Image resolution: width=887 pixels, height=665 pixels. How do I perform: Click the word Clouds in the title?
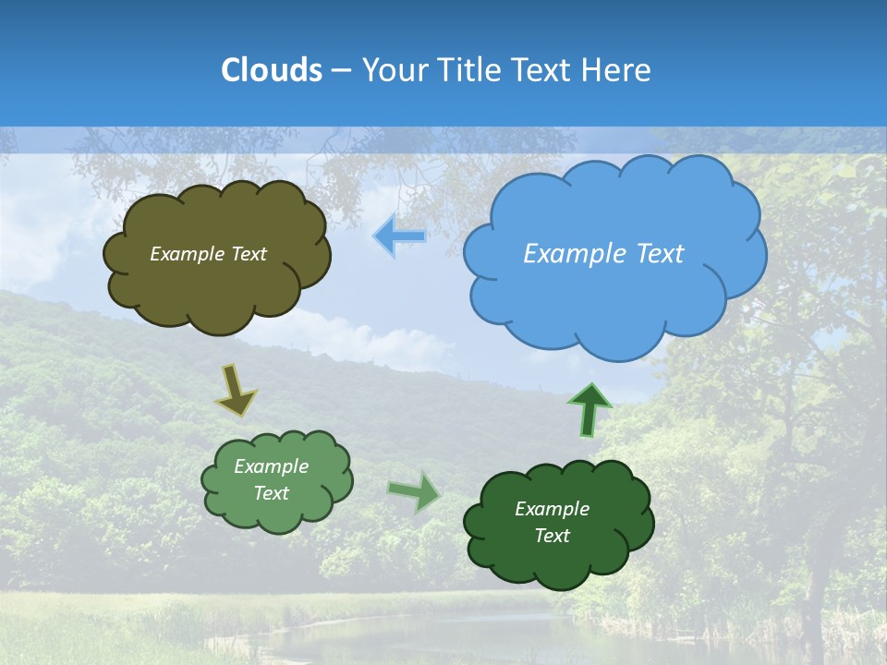pos(271,70)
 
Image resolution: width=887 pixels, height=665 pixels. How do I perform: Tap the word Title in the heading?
pos(467,70)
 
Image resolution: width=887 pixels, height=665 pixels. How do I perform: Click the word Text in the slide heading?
pos(542,70)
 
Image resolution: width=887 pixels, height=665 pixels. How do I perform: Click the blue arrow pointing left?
pos(399,236)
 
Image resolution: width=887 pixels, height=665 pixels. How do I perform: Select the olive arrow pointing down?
pos(236,390)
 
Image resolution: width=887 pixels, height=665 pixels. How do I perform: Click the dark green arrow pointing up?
pos(589,409)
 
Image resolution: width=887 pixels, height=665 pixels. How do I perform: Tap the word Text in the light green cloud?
pos(272,493)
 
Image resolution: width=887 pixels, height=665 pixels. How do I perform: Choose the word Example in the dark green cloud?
pos(552,509)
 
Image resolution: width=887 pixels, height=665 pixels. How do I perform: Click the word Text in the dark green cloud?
pos(552,536)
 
